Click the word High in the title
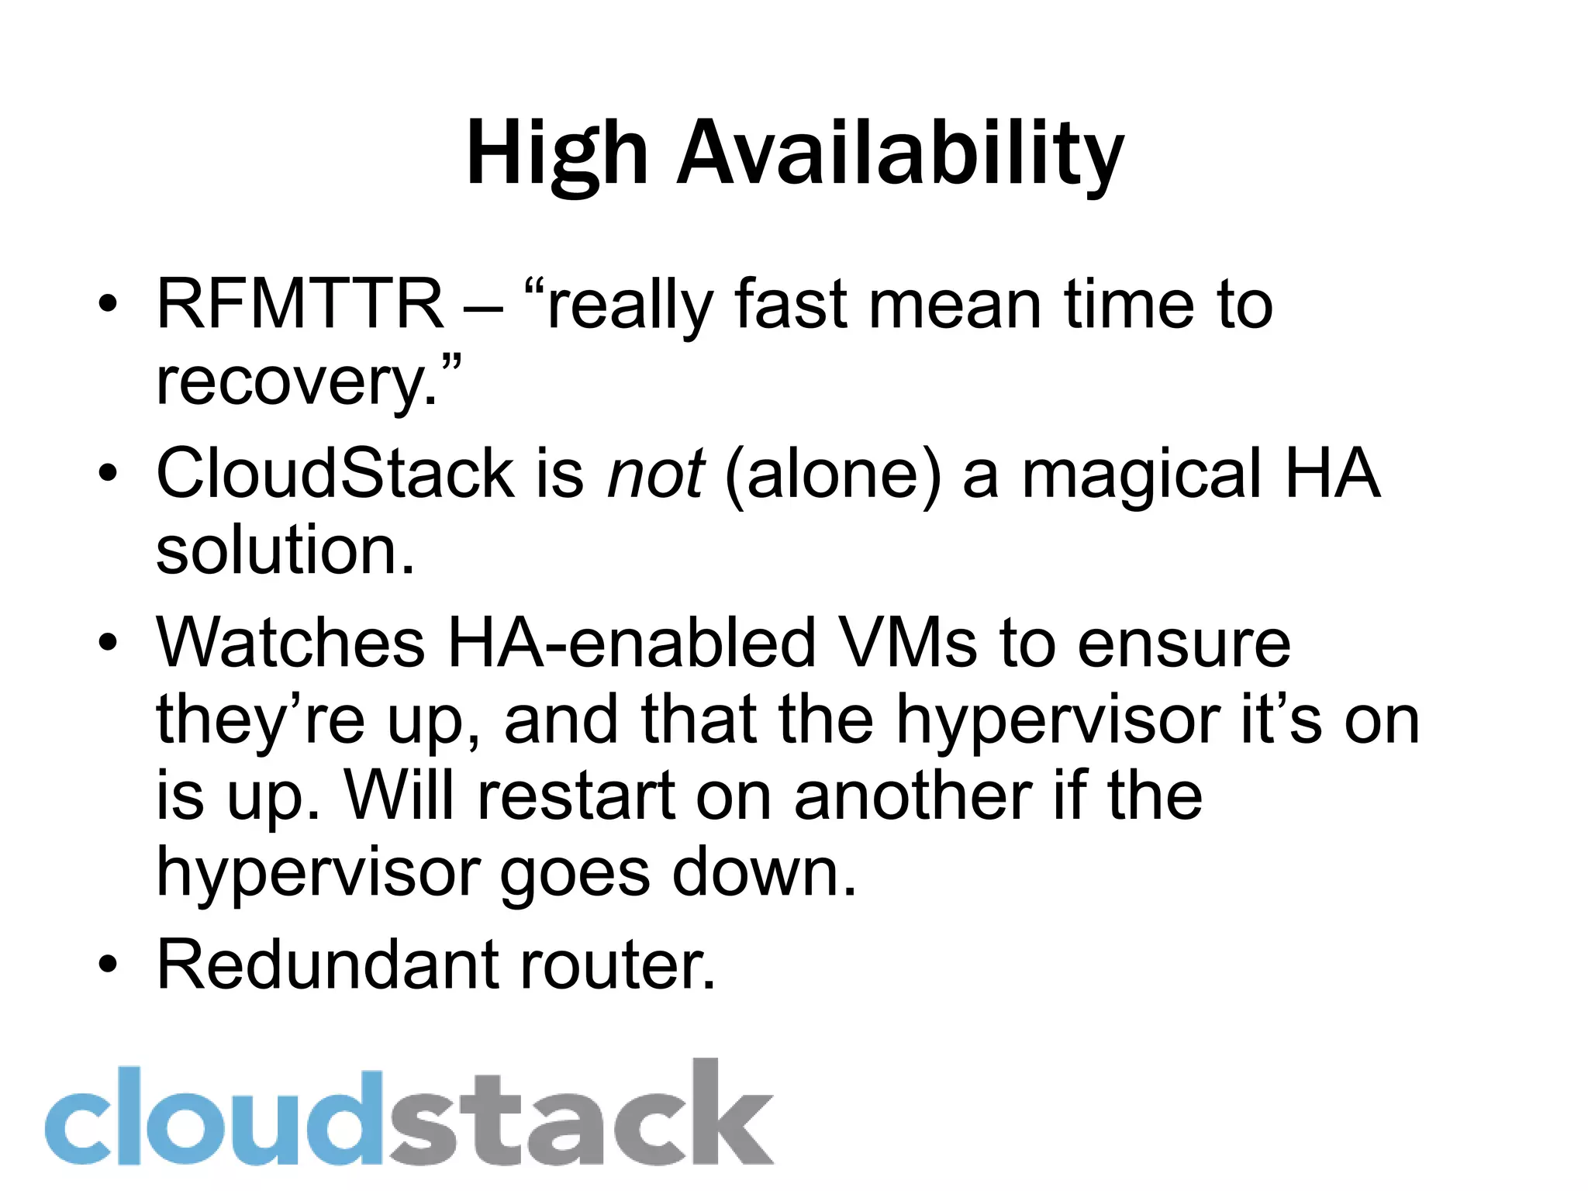(x=557, y=154)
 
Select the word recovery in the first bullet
(x=290, y=382)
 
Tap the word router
(x=609, y=965)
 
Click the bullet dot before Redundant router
(x=108, y=964)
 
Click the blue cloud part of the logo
(x=213, y=1117)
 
